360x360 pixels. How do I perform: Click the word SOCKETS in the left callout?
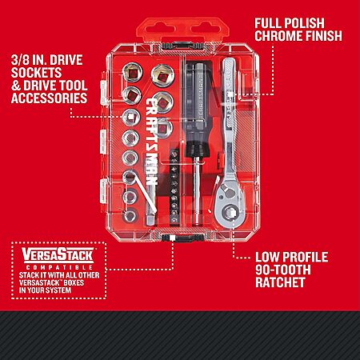(37, 73)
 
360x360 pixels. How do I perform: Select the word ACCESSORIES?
(50, 98)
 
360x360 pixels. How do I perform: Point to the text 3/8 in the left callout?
(20, 60)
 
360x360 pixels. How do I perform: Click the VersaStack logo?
(58, 254)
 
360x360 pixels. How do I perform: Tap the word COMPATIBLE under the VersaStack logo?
(59, 267)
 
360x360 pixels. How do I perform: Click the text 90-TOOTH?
(283, 270)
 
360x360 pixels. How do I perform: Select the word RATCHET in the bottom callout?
(280, 282)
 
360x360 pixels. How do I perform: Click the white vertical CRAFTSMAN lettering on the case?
(152, 142)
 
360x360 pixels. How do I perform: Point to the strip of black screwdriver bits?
(174, 186)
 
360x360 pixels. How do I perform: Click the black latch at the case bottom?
(183, 238)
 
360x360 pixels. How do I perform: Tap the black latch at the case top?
(183, 46)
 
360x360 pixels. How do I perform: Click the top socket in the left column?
(132, 72)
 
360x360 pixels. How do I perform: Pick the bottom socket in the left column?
(130, 216)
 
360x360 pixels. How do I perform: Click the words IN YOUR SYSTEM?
(45, 290)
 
